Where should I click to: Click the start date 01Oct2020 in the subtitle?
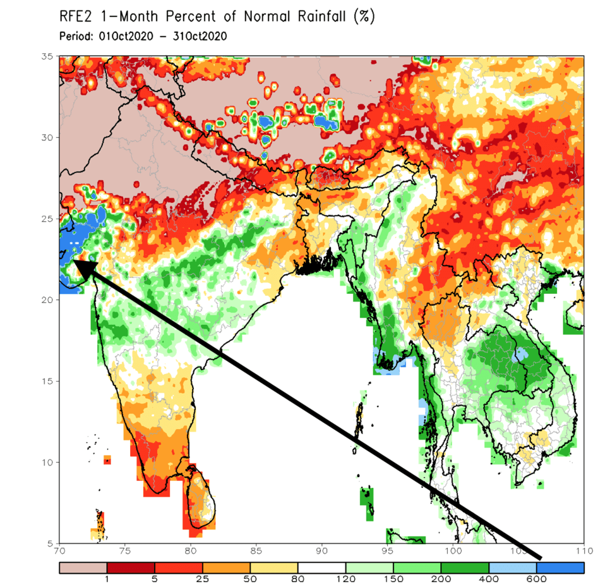126,37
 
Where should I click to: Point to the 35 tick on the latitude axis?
46,56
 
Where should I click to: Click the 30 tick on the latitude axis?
46,137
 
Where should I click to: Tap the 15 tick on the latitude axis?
46,381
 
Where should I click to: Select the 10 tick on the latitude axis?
46,462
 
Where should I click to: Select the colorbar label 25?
203,578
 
